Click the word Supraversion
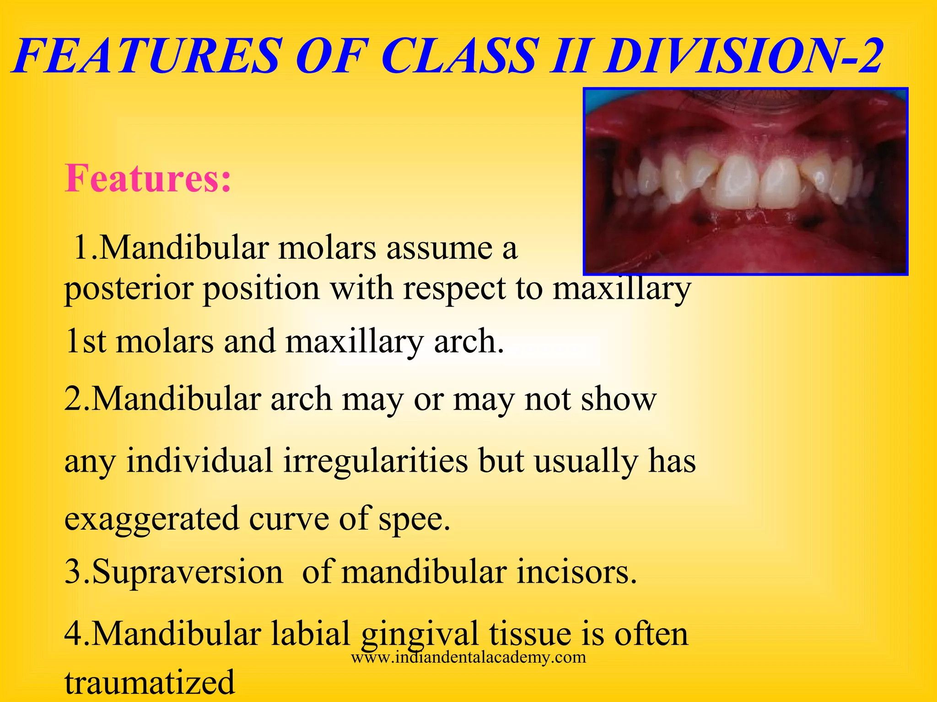(174, 573)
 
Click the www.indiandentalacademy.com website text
(468, 658)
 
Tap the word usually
(586, 462)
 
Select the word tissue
(529, 634)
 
